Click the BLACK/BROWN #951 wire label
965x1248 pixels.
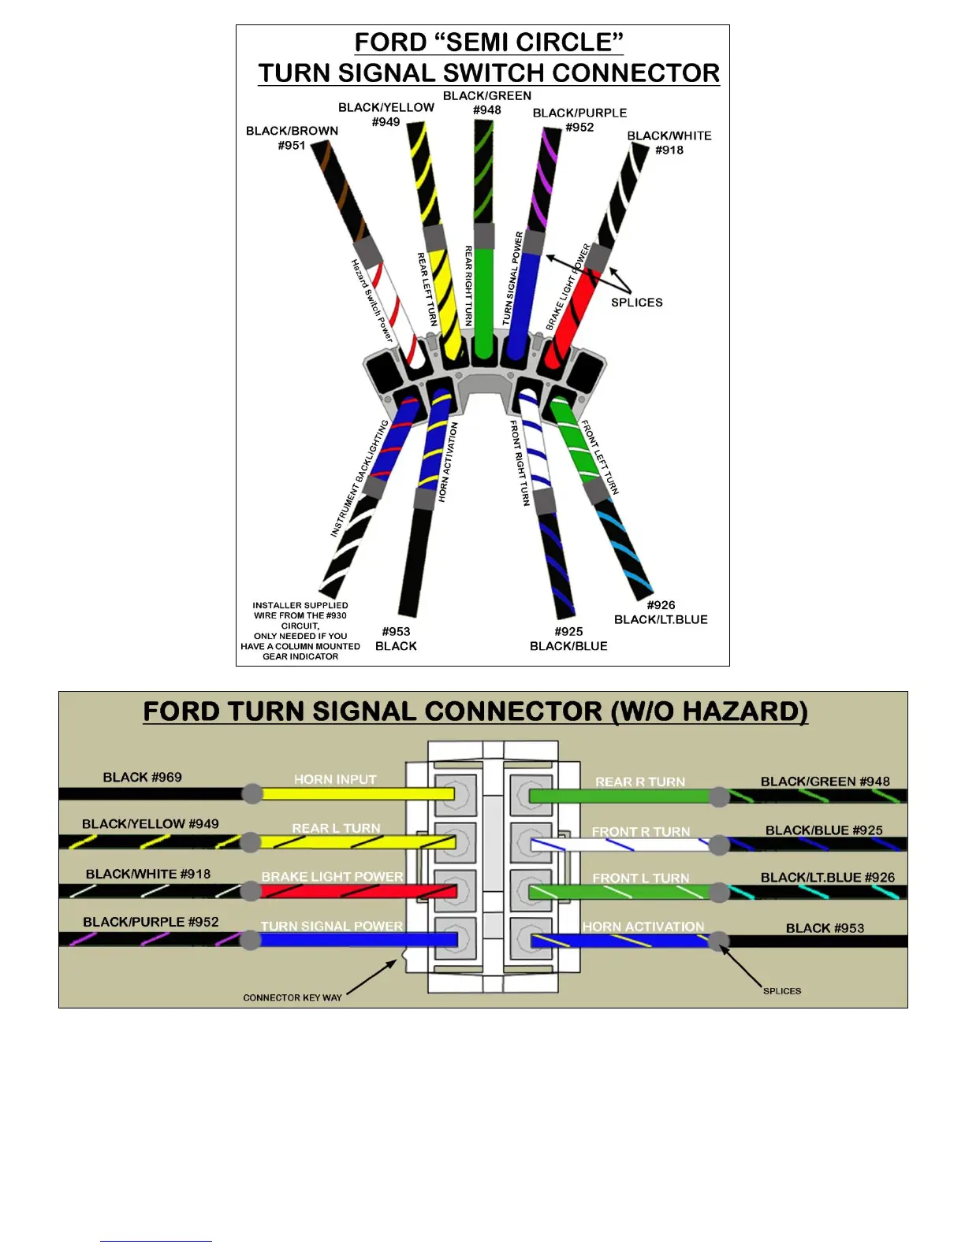point(292,138)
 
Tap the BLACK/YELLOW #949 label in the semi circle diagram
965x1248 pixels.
point(386,114)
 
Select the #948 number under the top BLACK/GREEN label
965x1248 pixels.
point(487,110)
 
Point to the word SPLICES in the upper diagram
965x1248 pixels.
point(637,303)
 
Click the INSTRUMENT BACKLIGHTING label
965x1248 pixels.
point(360,478)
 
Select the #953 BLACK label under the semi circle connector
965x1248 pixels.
point(396,639)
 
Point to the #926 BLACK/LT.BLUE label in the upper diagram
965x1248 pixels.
point(661,612)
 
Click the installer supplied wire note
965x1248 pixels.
point(300,631)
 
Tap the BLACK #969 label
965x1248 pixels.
point(142,778)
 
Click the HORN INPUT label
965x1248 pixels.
point(335,779)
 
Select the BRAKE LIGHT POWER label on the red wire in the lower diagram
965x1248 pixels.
point(332,877)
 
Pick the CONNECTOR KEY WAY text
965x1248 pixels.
point(292,997)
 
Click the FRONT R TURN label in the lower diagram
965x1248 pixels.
point(640,832)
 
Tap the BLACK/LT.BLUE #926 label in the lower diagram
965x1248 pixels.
point(828,878)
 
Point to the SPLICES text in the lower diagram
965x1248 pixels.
point(781,991)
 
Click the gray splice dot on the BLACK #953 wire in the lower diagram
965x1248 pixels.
point(718,941)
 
